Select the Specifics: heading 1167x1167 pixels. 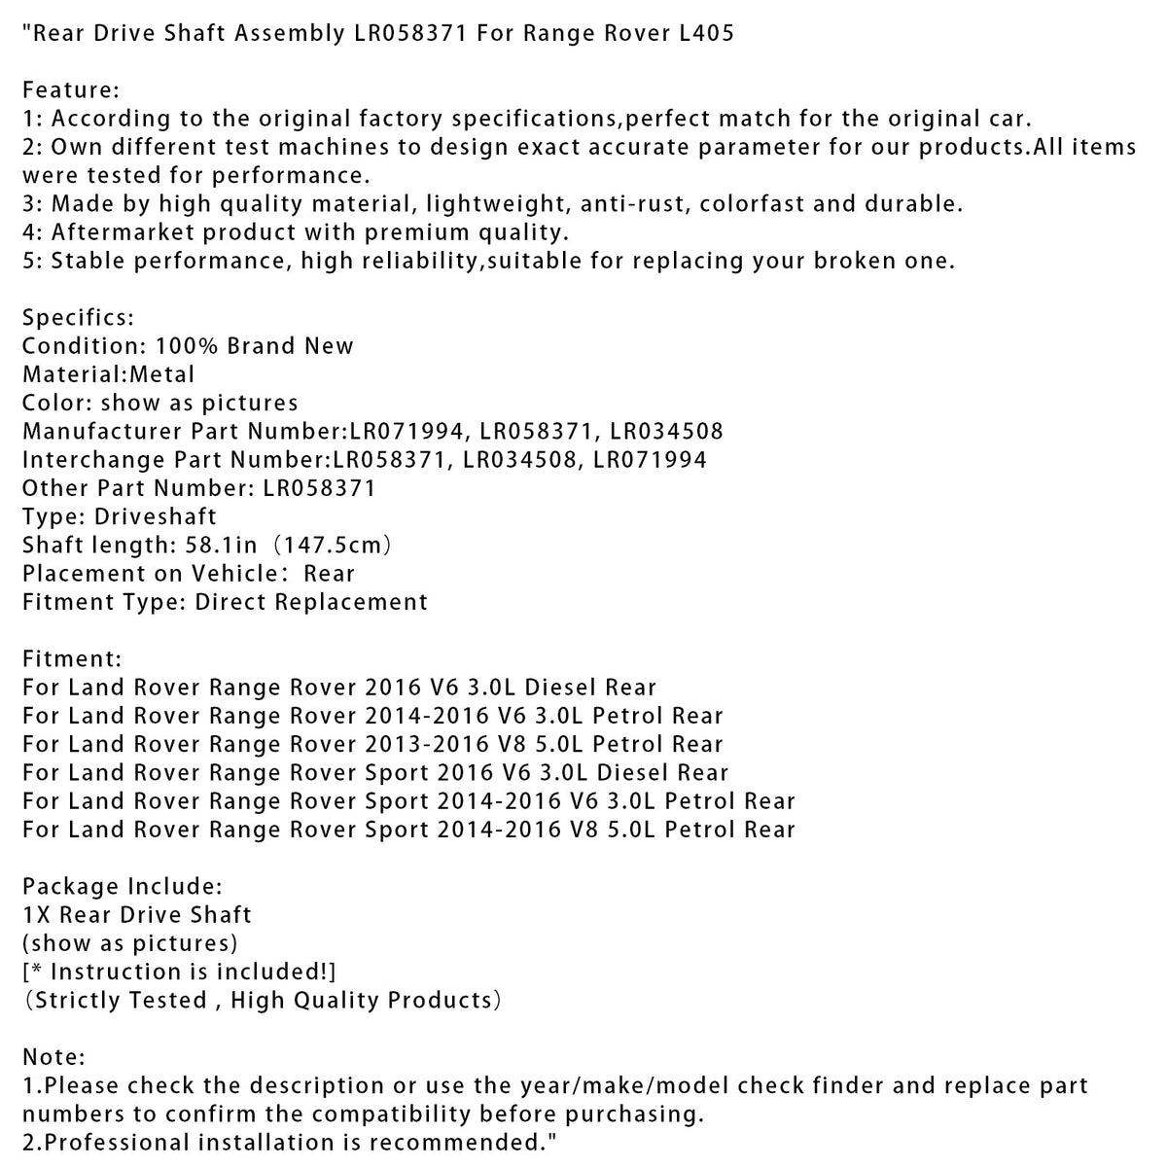click(x=79, y=318)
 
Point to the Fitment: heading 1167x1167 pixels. click(x=73, y=659)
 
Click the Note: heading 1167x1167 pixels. click(x=54, y=1057)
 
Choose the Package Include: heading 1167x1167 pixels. click(x=123, y=887)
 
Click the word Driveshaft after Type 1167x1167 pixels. click(x=157, y=516)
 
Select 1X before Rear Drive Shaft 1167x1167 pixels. click(x=36, y=915)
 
